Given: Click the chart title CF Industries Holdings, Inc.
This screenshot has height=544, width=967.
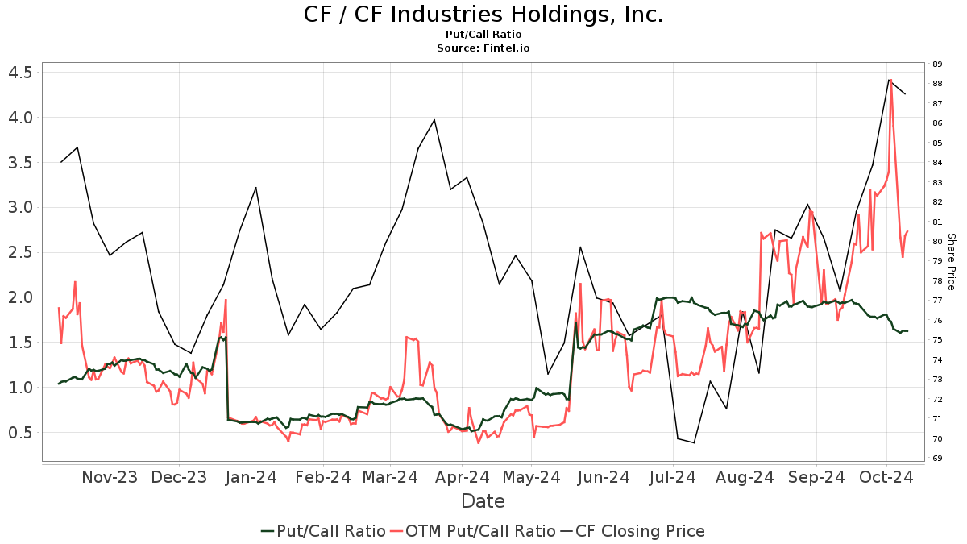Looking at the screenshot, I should coord(483,15).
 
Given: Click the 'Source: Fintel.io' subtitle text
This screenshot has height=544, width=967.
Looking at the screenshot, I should coord(483,48).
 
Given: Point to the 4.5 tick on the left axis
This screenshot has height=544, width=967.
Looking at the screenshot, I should coord(19,73).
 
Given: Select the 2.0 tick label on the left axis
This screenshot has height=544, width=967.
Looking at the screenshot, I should coord(19,297).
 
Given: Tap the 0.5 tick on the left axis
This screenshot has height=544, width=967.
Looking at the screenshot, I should coord(19,433).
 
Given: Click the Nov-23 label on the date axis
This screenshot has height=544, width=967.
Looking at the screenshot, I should coord(110,477).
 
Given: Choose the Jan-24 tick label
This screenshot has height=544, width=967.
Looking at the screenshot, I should coord(251,477).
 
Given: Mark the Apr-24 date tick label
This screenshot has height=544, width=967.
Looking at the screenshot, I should coord(462,477).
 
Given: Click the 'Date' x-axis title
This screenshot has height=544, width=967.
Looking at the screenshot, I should coord(483,501).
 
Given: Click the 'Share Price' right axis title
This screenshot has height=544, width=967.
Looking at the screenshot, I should coord(951,262).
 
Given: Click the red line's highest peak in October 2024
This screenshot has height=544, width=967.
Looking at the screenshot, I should coord(890,80).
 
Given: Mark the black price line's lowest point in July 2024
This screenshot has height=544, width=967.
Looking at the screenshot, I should coord(694,442).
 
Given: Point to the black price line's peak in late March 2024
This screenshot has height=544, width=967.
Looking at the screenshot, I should coord(434,119).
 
